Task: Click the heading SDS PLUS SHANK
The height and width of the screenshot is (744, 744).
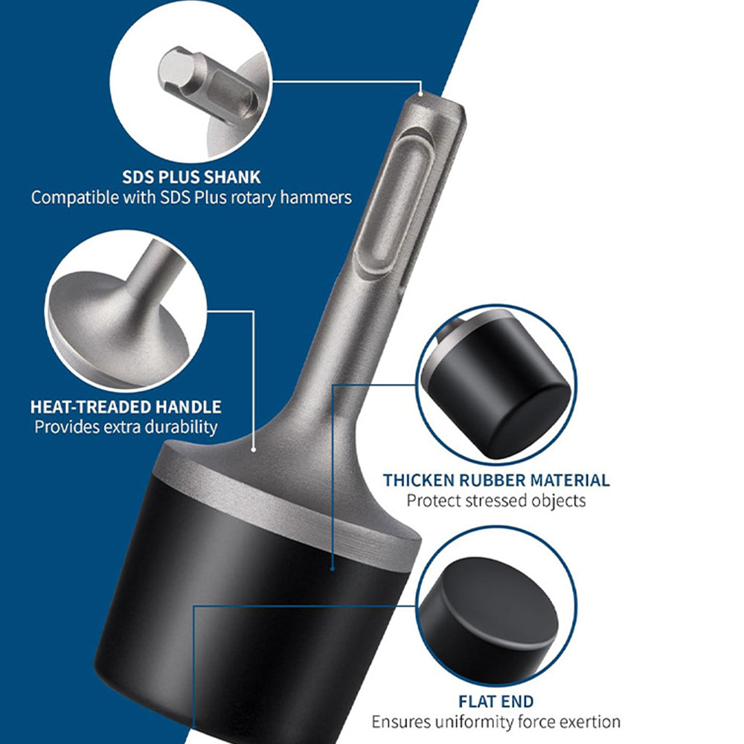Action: (191, 177)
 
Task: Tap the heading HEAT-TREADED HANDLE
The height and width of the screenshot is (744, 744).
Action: (126, 407)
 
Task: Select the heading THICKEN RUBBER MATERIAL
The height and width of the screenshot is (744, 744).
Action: (496, 480)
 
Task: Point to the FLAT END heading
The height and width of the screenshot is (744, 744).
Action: (496, 702)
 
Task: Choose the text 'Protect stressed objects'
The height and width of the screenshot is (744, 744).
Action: (496, 501)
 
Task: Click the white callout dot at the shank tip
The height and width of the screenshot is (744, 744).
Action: (420, 94)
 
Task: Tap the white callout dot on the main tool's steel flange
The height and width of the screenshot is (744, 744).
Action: (254, 449)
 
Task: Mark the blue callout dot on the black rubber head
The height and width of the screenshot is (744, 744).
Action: (333, 568)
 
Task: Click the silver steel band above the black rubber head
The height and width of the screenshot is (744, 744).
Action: (285, 513)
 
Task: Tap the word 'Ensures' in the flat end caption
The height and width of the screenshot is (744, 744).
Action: (401, 722)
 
